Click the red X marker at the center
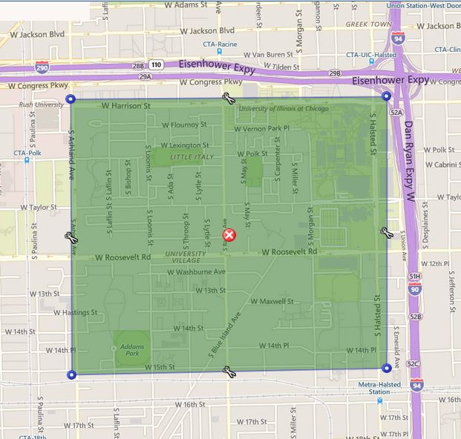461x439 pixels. pyautogui.click(x=229, y=236)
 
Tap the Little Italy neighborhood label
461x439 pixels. pyautogui.click(x=192, y=157)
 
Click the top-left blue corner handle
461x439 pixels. pyautogui.click(x=71, y=99)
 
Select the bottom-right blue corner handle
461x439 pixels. pyautogui.click(x=386, y=368)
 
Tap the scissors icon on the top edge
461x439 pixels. pyautogui.click(x=229, y=99)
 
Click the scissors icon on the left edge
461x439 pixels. pyautogui.click(x=71, y=237)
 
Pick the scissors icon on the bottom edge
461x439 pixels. pyautogui.click(x=229, y=371)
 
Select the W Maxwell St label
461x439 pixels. pyautogui.click(x=273, y=301)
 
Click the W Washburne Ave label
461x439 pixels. pyautogui.click(x=196, y=272)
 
